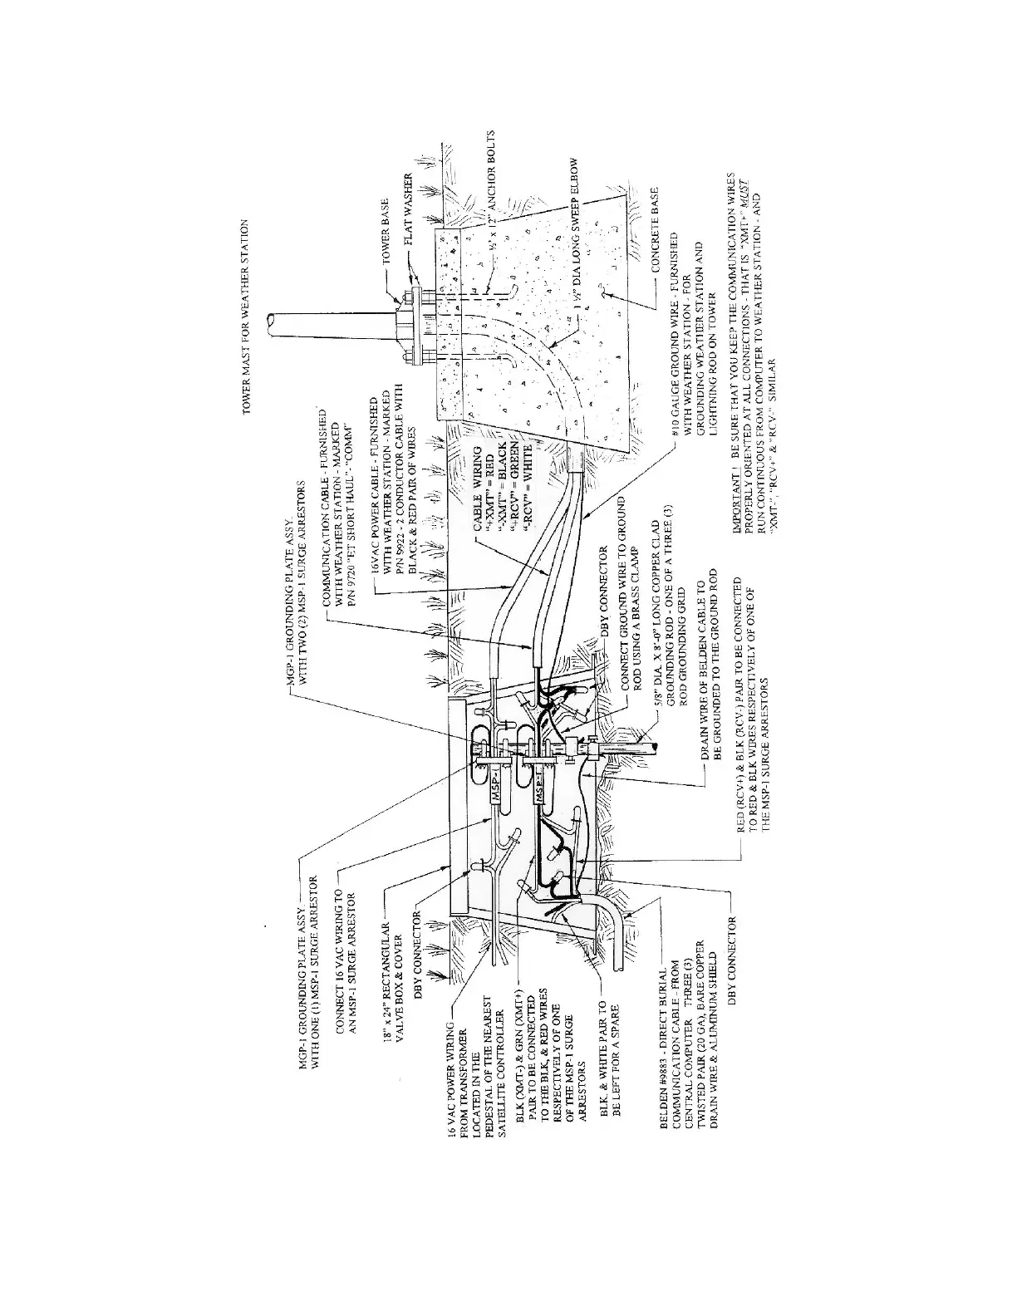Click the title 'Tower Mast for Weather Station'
(248, 317)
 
